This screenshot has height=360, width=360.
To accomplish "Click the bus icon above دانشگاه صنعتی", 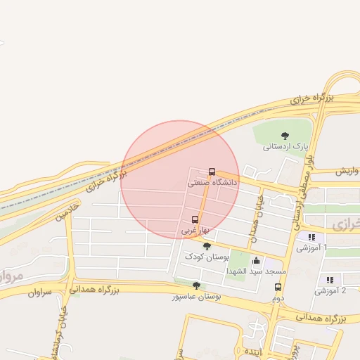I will (x=212, y=172).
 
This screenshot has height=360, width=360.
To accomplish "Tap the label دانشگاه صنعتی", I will (x=212, y=182).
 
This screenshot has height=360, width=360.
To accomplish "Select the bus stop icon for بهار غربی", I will (x=195, y=219).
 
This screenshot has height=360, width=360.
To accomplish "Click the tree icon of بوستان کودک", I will (x=207, y=246).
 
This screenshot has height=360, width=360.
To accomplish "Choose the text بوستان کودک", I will (x=207, y=257).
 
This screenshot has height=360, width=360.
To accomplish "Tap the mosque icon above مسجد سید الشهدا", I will (x=256, y=261).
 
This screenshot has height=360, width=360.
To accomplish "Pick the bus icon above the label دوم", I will (x=278, y=287).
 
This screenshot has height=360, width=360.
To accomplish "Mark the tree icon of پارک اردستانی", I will (x=285, y=136).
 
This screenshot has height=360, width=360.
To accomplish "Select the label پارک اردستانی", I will (x=286, y=146).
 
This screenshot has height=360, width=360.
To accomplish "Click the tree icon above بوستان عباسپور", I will (x=196, y=286).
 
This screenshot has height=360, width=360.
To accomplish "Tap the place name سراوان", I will (x=40, y=292).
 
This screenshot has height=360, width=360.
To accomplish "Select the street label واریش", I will (x=347, y=172).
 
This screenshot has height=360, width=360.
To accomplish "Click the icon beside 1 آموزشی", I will (x=311, y=237).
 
